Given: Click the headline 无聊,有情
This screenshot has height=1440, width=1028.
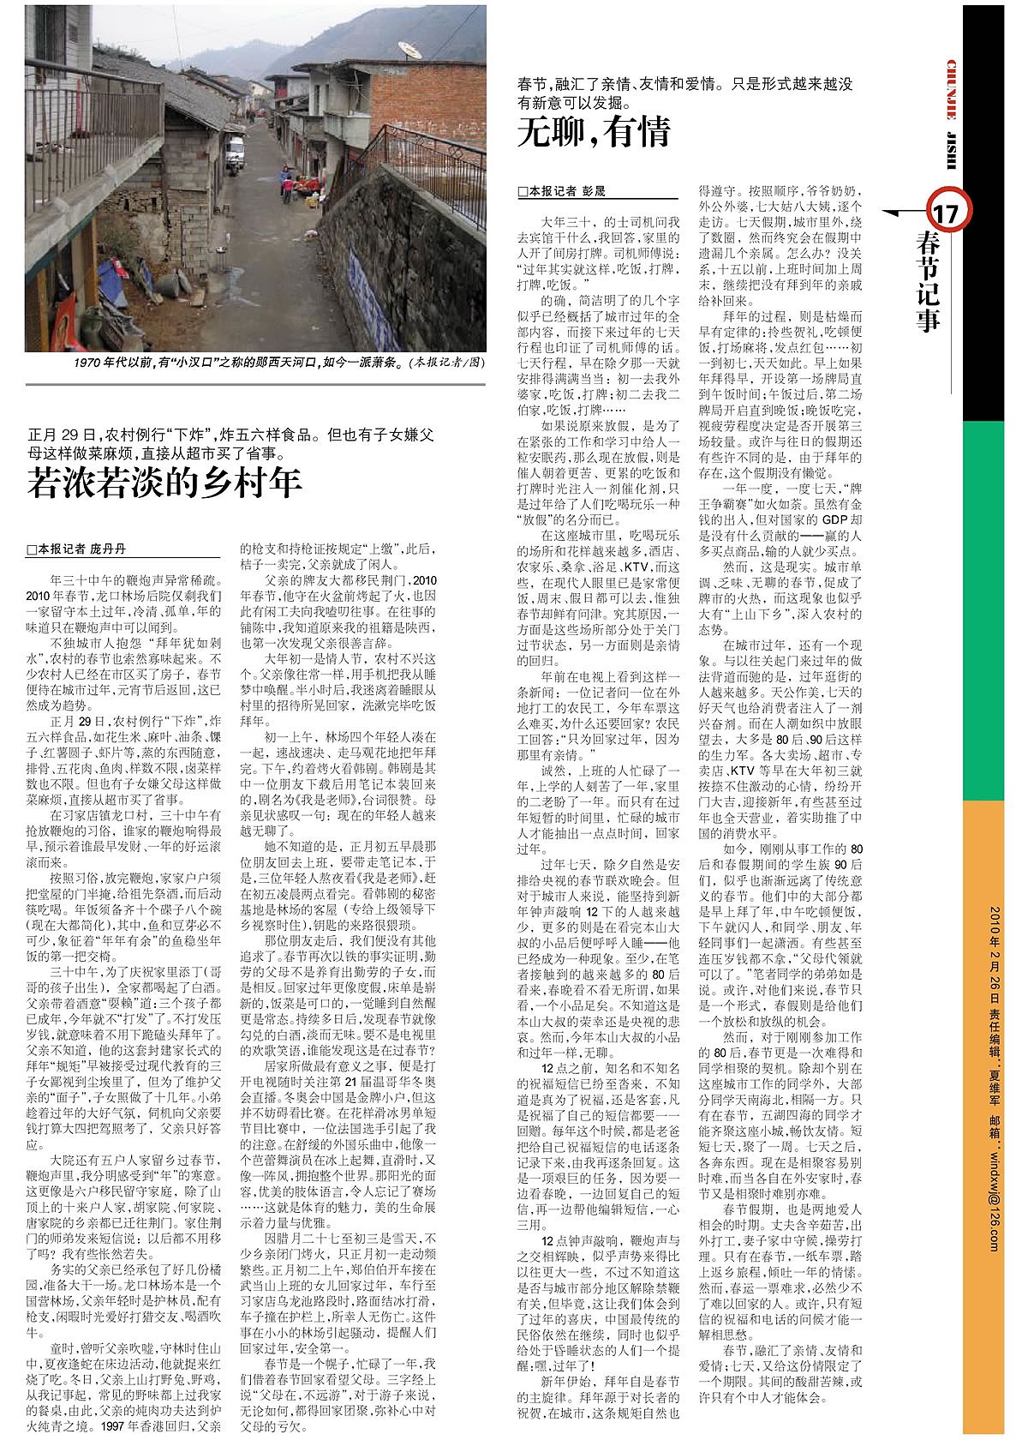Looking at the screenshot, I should pyautogui.click(x=594, y=132).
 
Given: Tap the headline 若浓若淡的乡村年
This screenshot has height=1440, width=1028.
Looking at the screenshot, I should pyautogui.click(x=164, y=483).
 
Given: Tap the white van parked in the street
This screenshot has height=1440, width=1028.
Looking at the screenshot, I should pyautogui.click(x=234, y=154).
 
